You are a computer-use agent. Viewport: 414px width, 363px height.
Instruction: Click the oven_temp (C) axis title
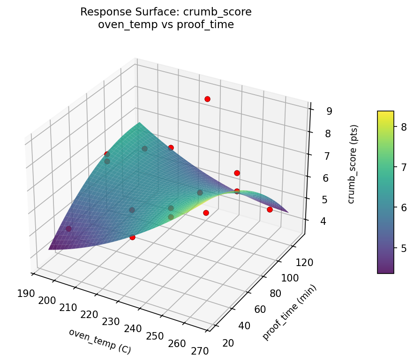click(99, 341)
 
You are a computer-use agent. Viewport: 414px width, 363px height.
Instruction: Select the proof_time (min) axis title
click(289, 312)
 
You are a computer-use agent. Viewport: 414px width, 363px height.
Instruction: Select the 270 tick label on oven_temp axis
click(200, 349)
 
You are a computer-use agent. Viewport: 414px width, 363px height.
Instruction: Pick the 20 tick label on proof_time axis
click(229, 343)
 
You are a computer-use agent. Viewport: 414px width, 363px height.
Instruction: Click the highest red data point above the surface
click(207, 99)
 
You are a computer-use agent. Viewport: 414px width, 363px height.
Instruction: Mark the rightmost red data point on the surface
click(270, 209)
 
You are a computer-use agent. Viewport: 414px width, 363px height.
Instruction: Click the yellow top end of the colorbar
click(385, 113)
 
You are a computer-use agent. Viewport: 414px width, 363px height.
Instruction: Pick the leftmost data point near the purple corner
click(68, 229)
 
